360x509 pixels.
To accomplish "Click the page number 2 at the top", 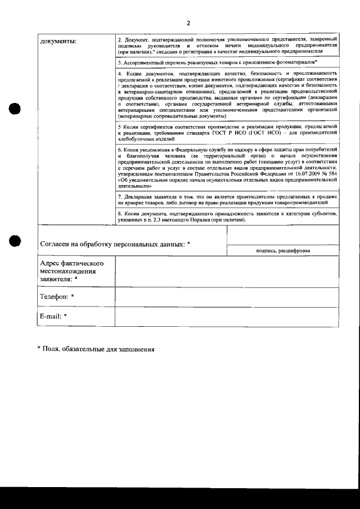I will [x=188, y=24].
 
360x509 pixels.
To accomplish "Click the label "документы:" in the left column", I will [x=58, y=40].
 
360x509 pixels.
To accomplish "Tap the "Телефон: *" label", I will [x=57, y=296].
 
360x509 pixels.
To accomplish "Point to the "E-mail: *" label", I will [x=53, y=316].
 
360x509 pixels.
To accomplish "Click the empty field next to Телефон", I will [x=227, y=296].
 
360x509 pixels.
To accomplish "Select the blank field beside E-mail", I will [x=227, y=316].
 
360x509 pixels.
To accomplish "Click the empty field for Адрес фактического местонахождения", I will [x=227, y=271].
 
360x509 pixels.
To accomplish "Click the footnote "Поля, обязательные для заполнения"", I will [x=96, y=349].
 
